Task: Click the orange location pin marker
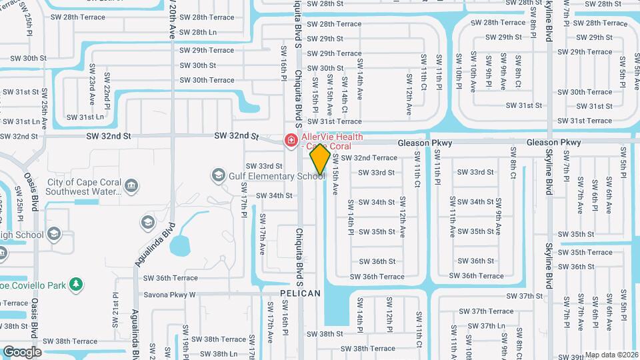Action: tap(320, 160)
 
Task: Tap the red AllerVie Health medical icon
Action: tap(291, 140)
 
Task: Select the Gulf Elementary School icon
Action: tap(217, 175)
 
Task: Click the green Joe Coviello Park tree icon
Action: tap(77, 285)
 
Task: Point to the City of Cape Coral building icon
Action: tap(131, 185)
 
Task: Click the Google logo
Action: tap(22, 351)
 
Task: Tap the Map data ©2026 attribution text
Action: tap(611, 355)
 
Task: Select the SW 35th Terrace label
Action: tap(585, 253)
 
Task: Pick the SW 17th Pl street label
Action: tap(245, 207)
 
